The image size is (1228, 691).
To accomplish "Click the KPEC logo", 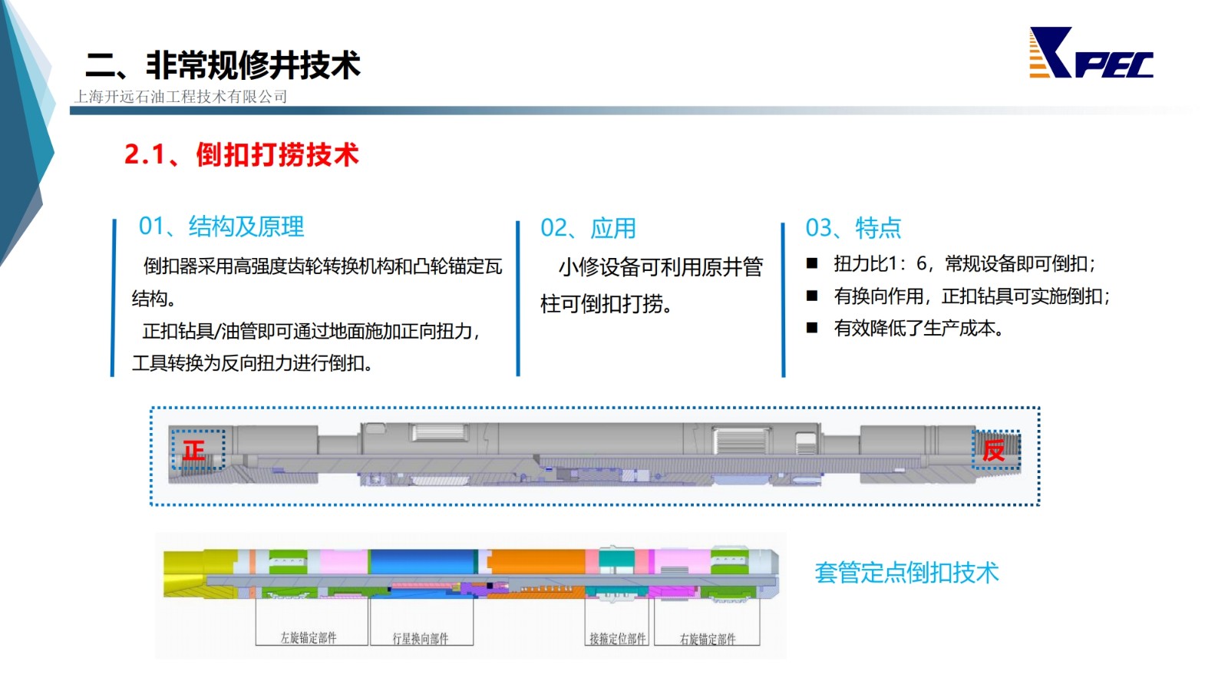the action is coord(1091,53).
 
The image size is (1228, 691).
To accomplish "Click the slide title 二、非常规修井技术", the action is coord(223,64).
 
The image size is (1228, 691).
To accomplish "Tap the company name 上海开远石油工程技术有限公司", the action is coord(180,97).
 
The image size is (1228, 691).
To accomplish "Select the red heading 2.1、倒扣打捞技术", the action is coord(241,154).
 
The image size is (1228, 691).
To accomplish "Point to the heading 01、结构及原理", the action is coord(221,226).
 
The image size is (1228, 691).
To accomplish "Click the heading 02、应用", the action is coord(588,228).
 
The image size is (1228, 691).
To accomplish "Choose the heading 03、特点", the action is coord(853,227).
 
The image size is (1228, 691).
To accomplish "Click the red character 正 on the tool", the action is coord(194,451).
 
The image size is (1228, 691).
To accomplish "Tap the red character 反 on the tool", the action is coord(993,450).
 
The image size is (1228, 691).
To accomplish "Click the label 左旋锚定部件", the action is coord(308,637).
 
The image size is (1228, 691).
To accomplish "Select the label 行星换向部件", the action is coord(420,638).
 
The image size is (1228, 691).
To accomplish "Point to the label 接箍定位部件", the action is coord(617,638).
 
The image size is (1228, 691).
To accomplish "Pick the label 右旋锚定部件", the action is coord(707,639).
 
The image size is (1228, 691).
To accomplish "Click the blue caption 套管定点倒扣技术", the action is coord(906,573).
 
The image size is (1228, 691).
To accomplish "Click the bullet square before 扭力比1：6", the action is coord(812,264).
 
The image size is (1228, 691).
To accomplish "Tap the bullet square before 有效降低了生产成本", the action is coord(812,328).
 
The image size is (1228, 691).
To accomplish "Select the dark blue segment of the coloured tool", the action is coord(422,561).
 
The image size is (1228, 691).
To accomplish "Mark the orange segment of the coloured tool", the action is coord(536,561).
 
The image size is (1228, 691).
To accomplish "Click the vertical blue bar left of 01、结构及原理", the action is coord(114,298).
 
